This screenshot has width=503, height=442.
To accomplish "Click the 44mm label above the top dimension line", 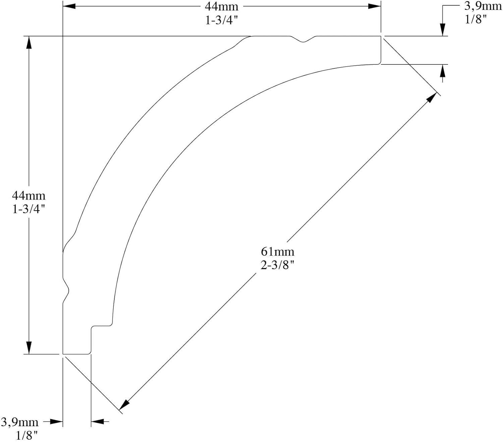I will point(221,6).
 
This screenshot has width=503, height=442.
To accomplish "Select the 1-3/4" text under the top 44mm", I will point(221,20).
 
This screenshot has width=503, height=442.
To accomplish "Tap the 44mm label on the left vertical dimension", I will point(29,195).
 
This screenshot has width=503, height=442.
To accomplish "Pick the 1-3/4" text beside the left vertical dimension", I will point(29,209).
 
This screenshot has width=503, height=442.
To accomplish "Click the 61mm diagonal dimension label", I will point(277,251).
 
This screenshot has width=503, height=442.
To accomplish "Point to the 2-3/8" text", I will point(277,265).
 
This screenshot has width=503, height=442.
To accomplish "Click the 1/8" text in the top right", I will point(476,19).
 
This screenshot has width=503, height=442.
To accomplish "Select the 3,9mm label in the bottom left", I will point(19,422).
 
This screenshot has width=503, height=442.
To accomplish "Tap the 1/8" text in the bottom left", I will point(27,435).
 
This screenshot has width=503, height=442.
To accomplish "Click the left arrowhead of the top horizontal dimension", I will point(69,6).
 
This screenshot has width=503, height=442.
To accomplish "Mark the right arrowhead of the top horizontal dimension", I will point(375,6).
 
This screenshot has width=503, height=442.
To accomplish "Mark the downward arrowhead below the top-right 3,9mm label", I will point(443,30).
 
